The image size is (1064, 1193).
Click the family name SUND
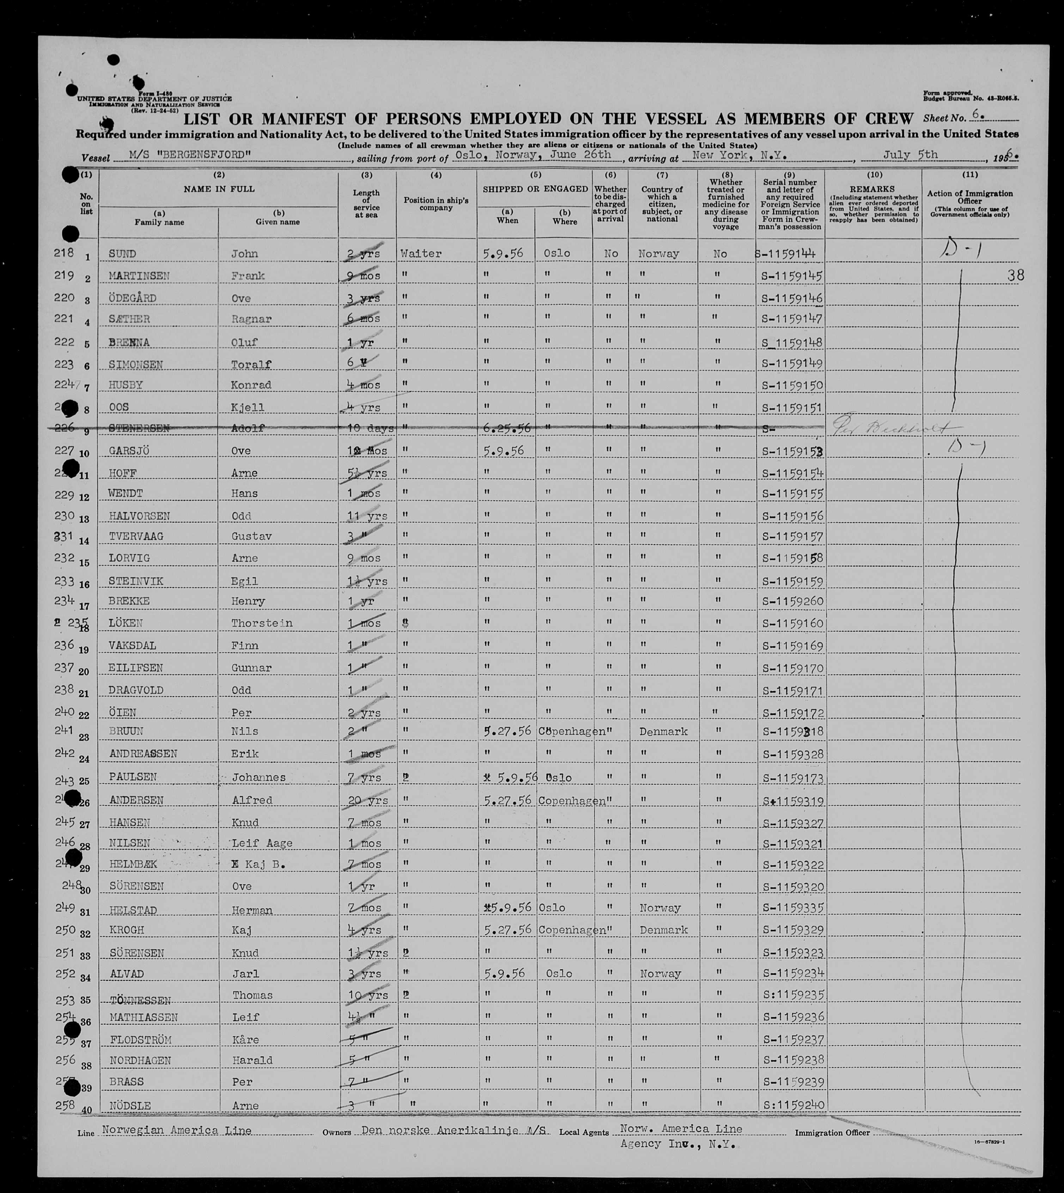coord(122,254)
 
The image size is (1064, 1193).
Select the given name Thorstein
coord(261,623)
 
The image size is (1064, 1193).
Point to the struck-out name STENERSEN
coord(139,428)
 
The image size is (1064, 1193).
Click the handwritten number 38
coord(1015,275)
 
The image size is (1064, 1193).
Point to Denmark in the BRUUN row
coord(663,731)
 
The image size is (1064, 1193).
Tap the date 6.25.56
coord(507,428)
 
